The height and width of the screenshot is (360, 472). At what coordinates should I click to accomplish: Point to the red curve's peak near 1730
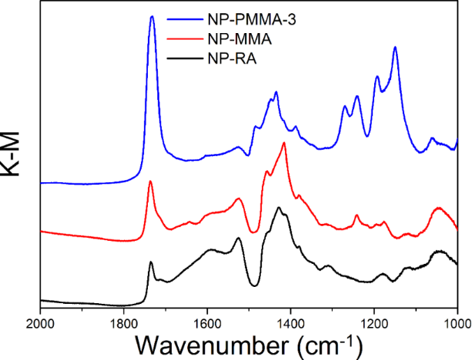pyautogui.click(x=150, y=182)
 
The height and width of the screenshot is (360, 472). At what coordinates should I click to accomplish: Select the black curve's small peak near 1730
pyautogui.click(x=151, y=263)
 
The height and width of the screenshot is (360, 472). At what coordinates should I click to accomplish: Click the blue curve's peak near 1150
pyautogui.click(x=395, y=48)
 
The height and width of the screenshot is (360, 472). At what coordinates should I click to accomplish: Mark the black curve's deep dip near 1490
pyautogui.click(x=253, y=286)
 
